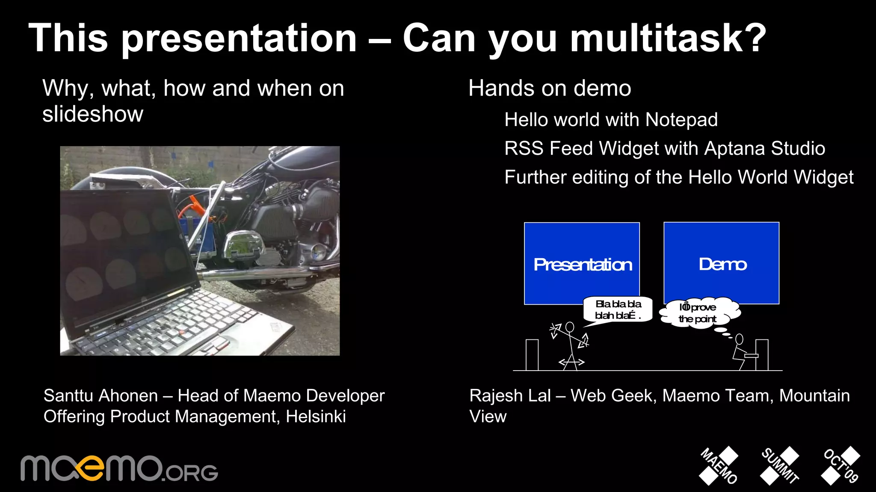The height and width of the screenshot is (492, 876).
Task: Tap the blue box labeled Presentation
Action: click(582, 264)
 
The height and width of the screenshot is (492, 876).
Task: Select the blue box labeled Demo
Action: click(722, 263)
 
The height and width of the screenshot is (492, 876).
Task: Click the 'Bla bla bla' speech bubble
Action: click(618, 309)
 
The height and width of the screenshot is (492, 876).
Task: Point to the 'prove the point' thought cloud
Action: click(699, 313)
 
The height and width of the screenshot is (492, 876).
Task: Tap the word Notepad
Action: click(681, 120)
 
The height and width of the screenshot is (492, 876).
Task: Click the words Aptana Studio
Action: click(764, 148)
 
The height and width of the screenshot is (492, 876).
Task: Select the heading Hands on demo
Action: click(550, 88)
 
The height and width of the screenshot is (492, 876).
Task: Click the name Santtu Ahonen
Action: click(101, 396)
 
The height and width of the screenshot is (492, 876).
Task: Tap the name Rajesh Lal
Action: click(510, 396)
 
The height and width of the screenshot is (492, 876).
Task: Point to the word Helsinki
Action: click(316, 417)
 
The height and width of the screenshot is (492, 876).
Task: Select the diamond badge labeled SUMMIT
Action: click(779, 466)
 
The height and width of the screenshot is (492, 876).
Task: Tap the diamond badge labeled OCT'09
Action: click(840, 466)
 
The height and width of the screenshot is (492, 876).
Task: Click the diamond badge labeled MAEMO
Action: click(719, 466)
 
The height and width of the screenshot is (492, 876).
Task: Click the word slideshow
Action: click(92, 114)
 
